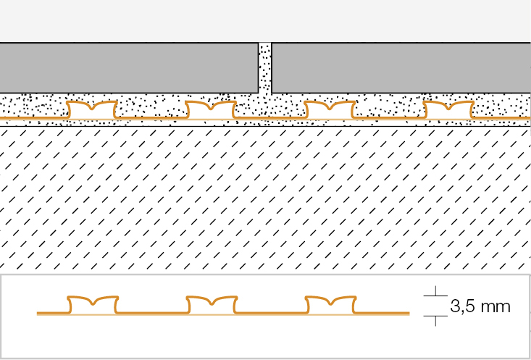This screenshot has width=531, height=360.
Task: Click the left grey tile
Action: point(129,67)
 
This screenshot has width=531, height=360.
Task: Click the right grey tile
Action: point(401,67)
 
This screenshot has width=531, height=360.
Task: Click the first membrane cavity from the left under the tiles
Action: point(91,111)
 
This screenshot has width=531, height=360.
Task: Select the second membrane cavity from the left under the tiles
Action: point(210,111)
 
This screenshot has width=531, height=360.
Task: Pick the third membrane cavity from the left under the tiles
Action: point(329,111)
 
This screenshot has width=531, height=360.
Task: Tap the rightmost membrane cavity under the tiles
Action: point(448,111)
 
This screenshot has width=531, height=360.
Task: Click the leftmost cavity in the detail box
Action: point(92,306)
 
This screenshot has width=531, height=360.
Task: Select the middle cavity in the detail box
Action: point(211,306)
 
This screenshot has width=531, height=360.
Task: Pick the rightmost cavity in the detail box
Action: point(330,306)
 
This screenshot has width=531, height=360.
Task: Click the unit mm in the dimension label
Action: point(498,306)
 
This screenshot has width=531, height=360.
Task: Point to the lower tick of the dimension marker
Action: point(435,317)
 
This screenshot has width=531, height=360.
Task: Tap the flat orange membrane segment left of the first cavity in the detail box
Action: point(52,314)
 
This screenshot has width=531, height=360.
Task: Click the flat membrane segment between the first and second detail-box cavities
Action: point(151,314)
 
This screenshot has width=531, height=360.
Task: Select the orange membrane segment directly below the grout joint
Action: point(265,117)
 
